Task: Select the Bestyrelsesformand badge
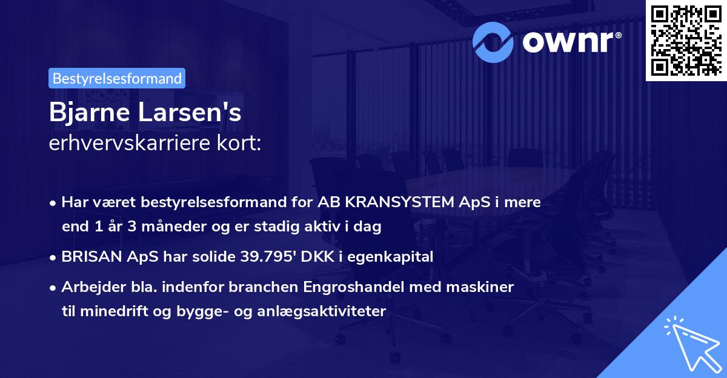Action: coord(117,78)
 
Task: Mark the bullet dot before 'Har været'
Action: coord(54,203)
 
